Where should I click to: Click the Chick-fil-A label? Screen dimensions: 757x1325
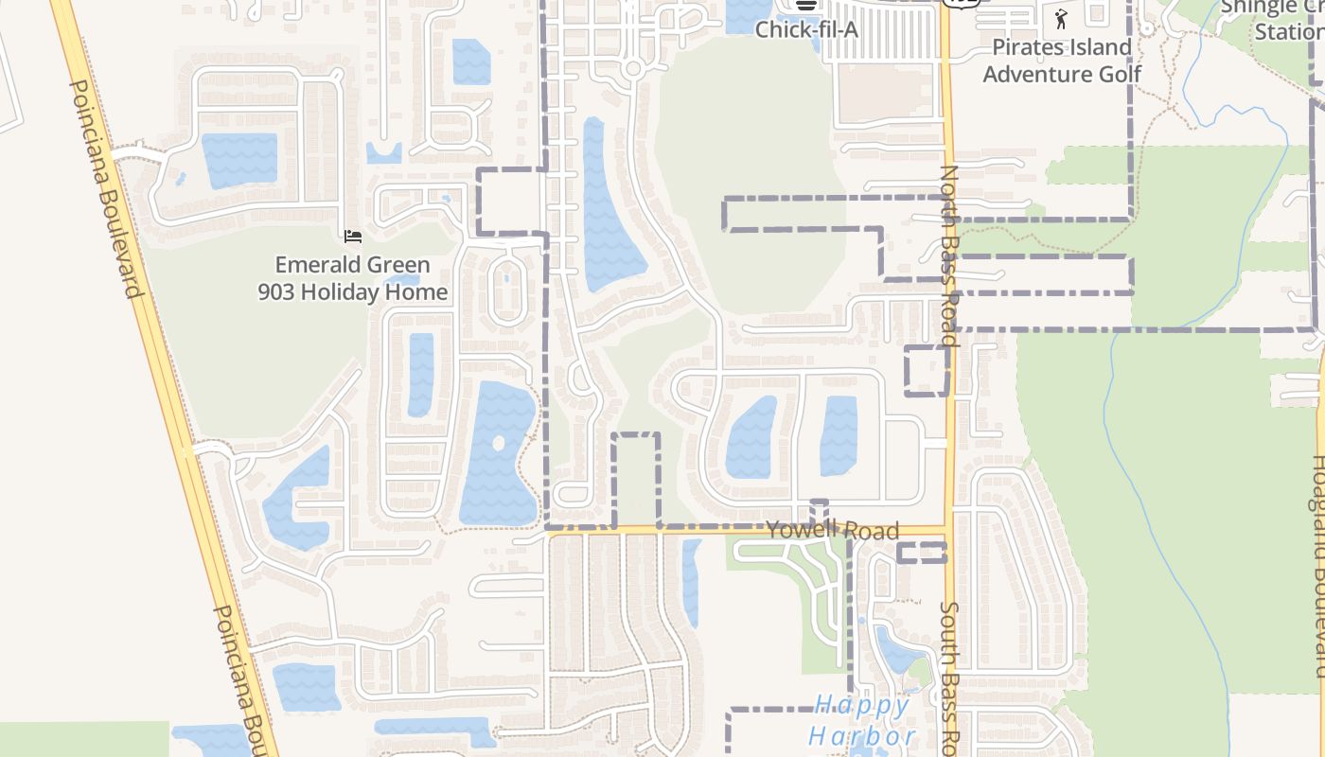pos(805,29)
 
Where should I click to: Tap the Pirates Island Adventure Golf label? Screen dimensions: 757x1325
pos(1061,60)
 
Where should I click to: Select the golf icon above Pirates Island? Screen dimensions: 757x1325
pos(1061,18)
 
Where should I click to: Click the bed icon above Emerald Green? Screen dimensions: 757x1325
pos(353,236)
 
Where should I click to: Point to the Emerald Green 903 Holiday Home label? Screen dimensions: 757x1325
pos(352,278)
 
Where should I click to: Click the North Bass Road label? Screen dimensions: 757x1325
pos(949,255)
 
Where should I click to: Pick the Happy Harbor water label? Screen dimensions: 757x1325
pos(861,720)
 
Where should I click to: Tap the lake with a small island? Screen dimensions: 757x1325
pos(500,454)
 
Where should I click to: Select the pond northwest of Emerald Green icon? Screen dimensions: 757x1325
pos(239,158)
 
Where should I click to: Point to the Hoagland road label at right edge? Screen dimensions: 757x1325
pos(1316,568)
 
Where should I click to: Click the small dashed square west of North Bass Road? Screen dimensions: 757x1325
pos(927,371)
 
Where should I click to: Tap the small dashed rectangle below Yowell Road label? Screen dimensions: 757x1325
pos(921,553)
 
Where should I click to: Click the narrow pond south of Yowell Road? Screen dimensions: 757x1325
pos(692,582)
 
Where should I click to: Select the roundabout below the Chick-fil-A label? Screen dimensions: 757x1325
pos(633,68)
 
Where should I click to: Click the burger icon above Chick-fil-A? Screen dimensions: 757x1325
pos(805,5)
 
